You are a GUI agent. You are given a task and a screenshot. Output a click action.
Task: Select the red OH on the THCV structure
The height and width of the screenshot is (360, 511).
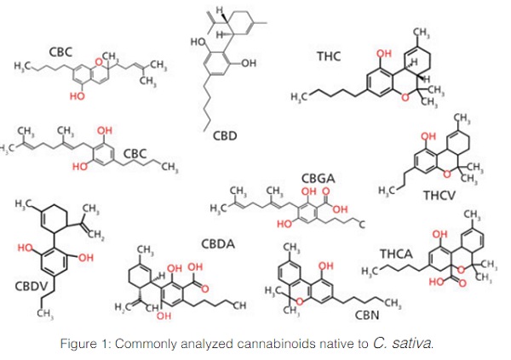coord(428,135)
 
